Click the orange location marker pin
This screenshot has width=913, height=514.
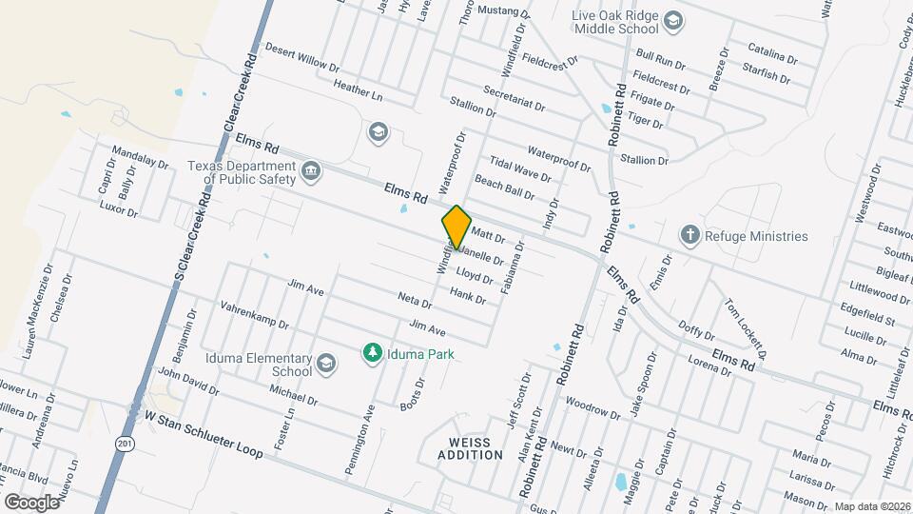(x=456, y=227)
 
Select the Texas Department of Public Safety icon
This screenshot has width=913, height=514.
(x=311, y=171)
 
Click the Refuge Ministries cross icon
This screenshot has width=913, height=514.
(x=691, y=235)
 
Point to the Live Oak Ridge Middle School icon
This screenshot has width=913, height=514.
(x=673, y=21)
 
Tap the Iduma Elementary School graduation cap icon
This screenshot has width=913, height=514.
(x=326, y=363)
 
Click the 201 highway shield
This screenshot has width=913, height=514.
(x=126, y=444)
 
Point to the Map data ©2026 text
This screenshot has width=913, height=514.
(x=871, y=507)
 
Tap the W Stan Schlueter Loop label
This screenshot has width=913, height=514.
(x=203, y=434)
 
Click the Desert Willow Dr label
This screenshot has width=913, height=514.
(x=301, y=57)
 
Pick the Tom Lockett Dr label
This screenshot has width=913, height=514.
(x=745, y=326)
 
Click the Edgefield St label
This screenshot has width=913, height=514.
(x=867, y=316)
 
